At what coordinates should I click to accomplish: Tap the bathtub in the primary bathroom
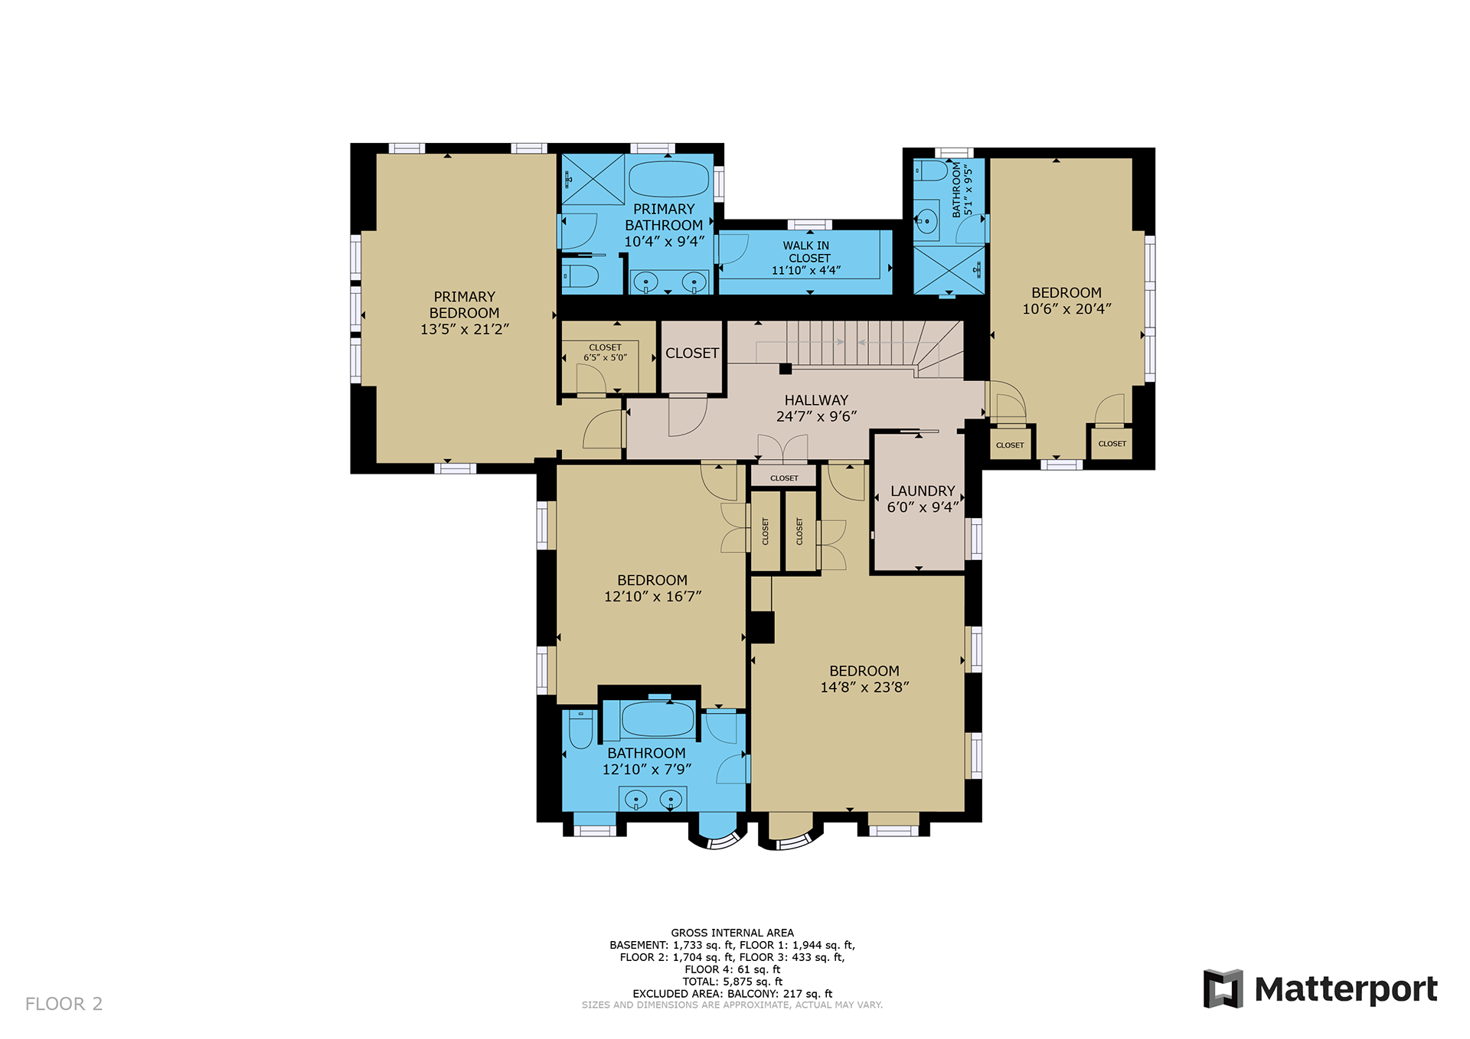pos(668,179)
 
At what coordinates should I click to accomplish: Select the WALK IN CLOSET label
pos(806,252)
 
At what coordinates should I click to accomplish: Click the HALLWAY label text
pos(816,400)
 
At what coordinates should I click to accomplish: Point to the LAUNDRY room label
pos(923,491)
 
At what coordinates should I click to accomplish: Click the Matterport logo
pos(1321,989)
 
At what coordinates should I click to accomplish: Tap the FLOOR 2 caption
pos(64,1004)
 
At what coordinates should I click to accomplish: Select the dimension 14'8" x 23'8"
pos(864,687)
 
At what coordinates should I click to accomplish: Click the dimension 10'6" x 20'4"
pos(1067,309)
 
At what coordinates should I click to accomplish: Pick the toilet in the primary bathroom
pos(580,276)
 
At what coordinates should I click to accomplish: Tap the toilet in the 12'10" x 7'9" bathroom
pos(581,729)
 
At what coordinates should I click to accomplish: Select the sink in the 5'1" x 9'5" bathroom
pos(926,221)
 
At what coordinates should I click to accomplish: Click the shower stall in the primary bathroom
pos(593,179)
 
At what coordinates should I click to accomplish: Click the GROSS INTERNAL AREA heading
pos(733,933)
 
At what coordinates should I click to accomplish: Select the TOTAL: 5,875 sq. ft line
pos(733,982)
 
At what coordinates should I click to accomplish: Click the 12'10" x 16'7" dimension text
pos(652,597)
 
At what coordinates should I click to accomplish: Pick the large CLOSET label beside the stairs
pos(692,353)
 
